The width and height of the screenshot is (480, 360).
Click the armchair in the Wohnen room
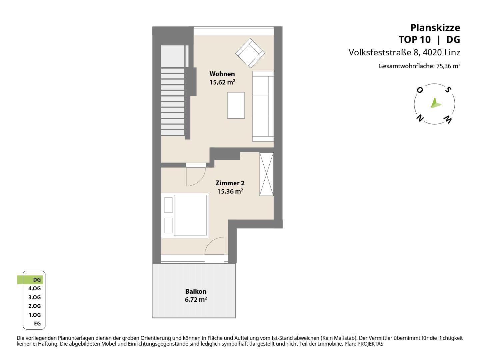tap(250, 53)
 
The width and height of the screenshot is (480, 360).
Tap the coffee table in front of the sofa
tap(236, 105)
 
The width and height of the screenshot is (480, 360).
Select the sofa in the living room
tap(263, 106)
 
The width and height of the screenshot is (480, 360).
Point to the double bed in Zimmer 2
tap(185, 215)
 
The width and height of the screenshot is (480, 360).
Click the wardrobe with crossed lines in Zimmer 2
tap(266, 174)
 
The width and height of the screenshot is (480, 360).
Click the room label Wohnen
tap(222, 74)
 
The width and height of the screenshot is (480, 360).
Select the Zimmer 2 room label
tap(230, 183)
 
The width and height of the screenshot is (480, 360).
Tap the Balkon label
tap(196, 291)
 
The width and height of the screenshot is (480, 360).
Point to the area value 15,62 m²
tap(222, 82)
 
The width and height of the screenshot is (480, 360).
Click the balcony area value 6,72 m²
tap(196, 299)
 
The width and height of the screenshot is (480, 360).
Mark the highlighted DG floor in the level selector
tap(30, 280)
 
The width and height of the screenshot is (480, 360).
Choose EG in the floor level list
tap(37, 323)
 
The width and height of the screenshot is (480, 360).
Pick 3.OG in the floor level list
tap(35, 297)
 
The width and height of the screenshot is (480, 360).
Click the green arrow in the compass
tap(436, 103)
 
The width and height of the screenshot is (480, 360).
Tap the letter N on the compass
tap(420, 118)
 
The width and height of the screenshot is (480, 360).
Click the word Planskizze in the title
tap(435, 28)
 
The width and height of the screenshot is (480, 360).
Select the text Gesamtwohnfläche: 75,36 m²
tap(419, 66)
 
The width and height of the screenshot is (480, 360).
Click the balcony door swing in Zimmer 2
tap(215, 246)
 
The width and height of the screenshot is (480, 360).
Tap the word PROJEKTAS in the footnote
tap(370, 344)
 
